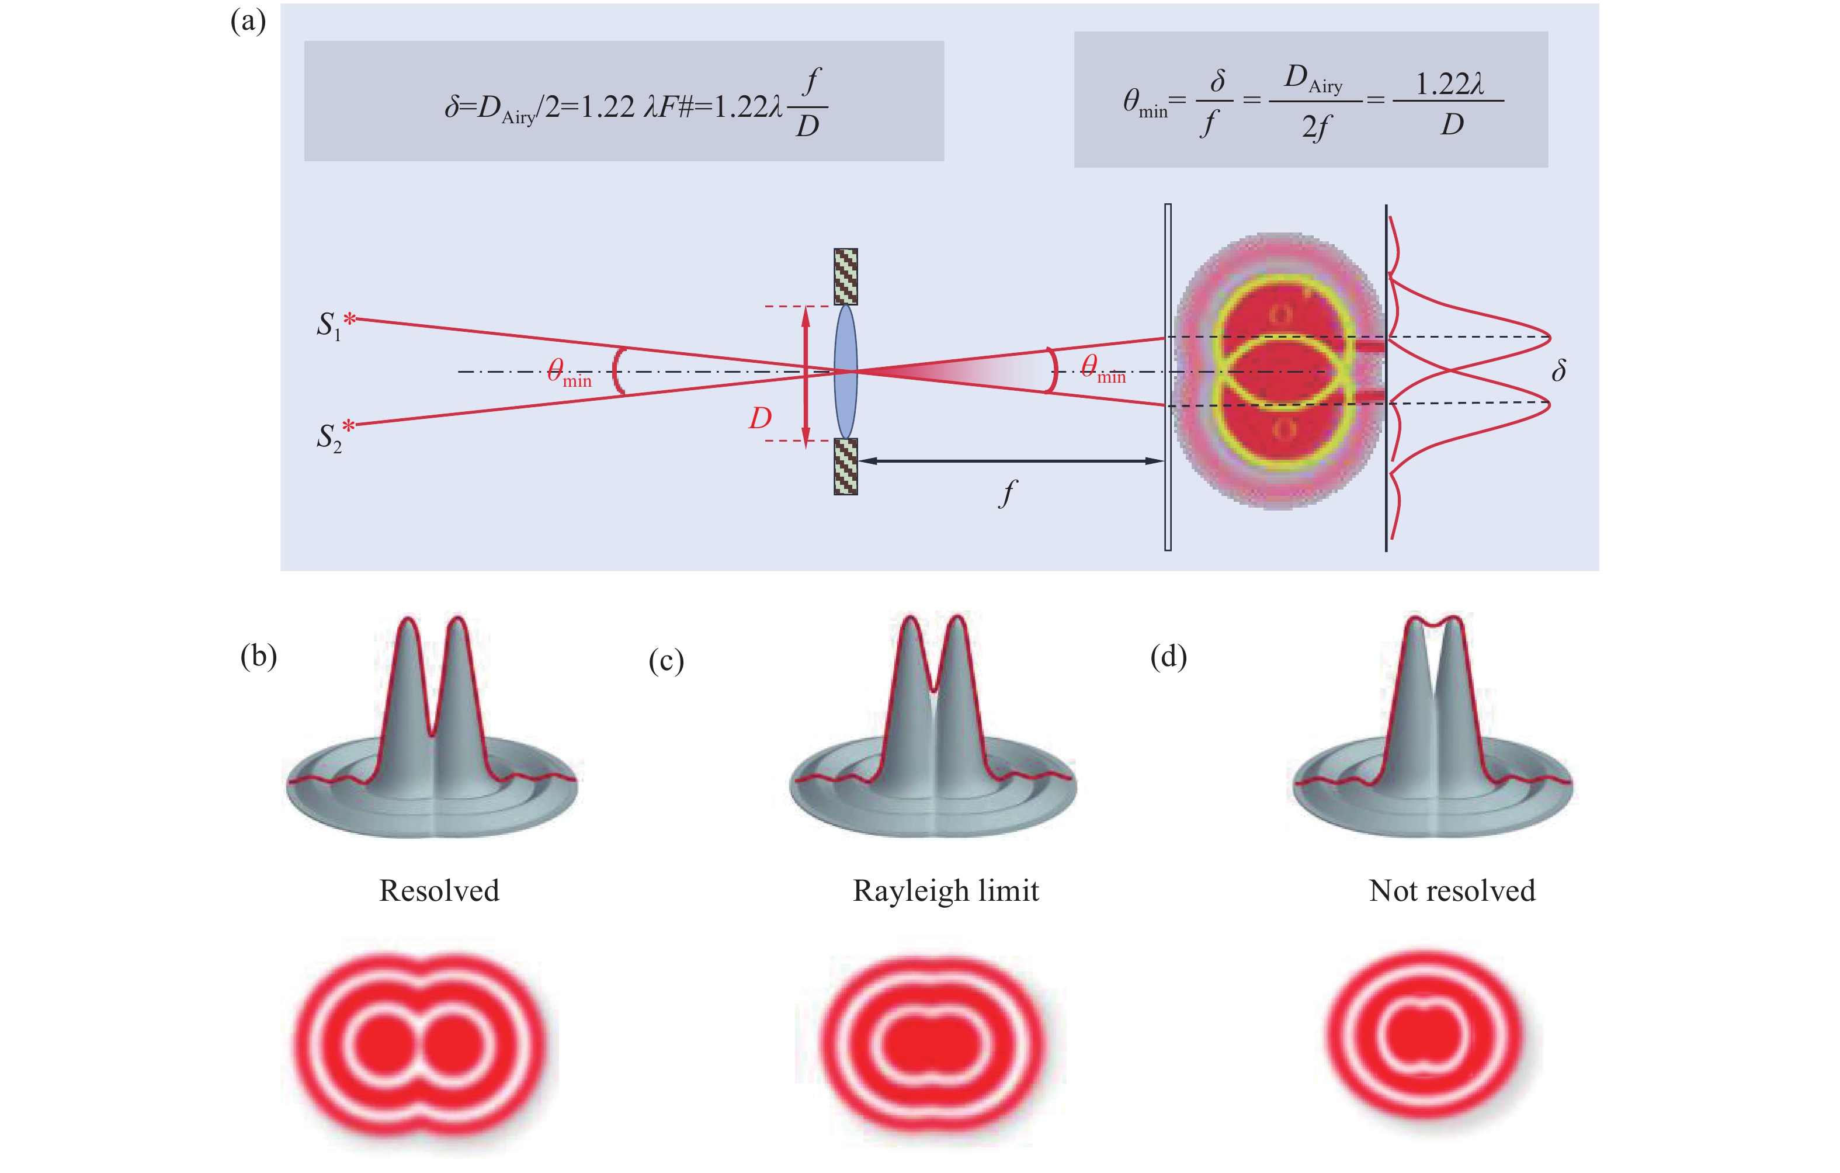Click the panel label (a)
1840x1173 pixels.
coord(248,22)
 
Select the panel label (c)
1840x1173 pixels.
coord(665,660)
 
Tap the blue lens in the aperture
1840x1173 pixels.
coord(845,372)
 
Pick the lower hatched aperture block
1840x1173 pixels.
coord(845,466)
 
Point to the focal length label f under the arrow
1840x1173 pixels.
coord(1008,493)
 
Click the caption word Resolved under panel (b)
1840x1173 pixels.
coord(439,891)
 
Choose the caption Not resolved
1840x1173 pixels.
coord(1452,891)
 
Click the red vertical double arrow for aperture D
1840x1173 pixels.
coord(806,374)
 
